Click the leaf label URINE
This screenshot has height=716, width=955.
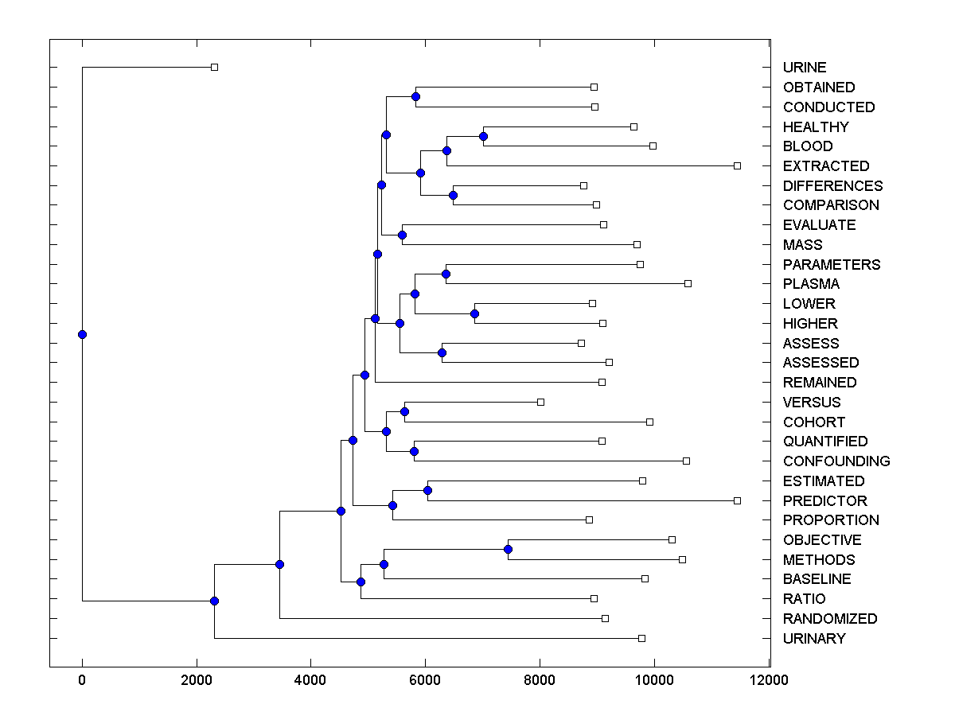805,68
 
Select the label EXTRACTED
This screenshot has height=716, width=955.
826,166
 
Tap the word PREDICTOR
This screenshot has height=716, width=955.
824,501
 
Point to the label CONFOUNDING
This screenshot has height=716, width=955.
836,461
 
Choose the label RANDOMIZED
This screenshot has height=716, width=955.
830,619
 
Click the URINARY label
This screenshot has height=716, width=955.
814,639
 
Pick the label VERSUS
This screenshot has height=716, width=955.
812,403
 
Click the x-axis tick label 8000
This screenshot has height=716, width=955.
540,680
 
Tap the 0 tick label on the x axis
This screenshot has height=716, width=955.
82,680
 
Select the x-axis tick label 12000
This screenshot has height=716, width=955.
769,680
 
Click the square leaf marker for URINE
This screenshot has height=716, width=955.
214,68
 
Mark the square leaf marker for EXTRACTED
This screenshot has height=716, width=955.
737,165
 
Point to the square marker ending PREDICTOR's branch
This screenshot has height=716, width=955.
737,500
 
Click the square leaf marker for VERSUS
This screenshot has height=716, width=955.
540,402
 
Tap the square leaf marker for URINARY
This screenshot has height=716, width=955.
641,638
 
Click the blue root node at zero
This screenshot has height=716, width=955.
82,334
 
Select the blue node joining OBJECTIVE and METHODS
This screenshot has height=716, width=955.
508,550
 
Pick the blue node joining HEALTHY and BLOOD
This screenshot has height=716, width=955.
483,136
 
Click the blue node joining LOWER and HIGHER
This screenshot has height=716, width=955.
474,313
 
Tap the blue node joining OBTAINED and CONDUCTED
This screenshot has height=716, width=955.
415,96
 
